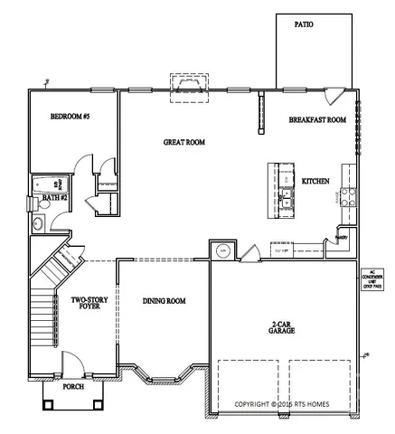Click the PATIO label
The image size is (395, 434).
click(304, 25)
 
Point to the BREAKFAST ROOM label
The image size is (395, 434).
click(317, 119)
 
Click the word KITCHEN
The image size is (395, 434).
click(315, 181)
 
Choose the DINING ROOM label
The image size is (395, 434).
click(164, 300)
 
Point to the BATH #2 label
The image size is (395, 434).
click(54, 196)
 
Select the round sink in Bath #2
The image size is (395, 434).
click(39, 223)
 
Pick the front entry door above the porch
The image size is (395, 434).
click(72, 367)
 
